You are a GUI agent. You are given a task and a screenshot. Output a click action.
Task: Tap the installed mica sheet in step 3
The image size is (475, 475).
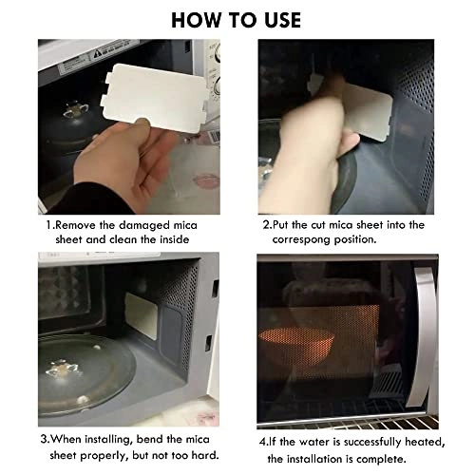(x=145, y=309)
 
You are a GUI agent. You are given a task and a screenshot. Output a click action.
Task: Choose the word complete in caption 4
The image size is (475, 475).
(x=398, y=457)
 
